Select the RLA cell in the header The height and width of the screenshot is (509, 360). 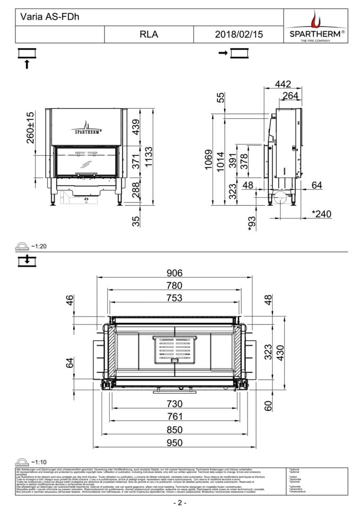149,34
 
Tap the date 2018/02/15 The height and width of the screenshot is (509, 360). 239,34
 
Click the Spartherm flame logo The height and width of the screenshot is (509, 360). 317,21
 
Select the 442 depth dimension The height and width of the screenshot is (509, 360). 284,83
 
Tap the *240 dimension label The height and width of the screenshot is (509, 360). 321,214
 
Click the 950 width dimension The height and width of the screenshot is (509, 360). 174,443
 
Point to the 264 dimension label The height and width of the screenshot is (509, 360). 291,95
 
